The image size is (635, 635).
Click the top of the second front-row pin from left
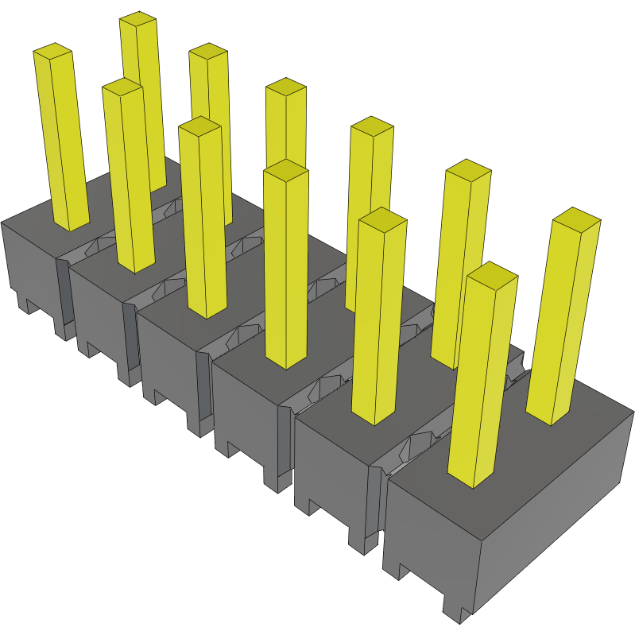coord(122,87)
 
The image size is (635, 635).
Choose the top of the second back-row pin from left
coord(208,52)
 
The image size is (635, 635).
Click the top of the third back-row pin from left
coord(285,87)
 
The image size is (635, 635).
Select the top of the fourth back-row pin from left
coord(372,126)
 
